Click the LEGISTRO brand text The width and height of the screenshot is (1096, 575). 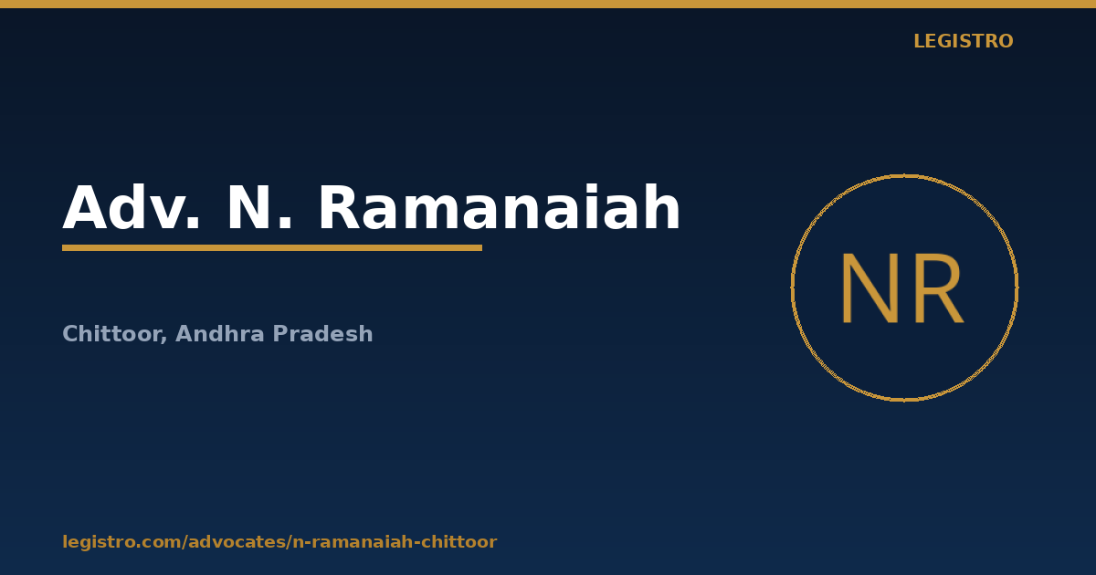tap(963, 41)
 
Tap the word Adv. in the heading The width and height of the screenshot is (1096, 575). tap(132, 207)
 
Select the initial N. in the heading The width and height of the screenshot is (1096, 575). tap(259, 207)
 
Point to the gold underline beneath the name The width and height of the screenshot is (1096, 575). tap(272, 248)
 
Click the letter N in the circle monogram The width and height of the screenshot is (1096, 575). tap(870, 288)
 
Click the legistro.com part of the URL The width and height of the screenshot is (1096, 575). tap(121, 542)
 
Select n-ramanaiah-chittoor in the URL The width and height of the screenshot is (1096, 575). tap(395, 542)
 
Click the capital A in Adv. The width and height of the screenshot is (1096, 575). tap(84, 207)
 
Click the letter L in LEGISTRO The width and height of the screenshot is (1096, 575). tap(919, 41)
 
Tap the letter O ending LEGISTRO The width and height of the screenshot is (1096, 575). tap(1006, 41)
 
